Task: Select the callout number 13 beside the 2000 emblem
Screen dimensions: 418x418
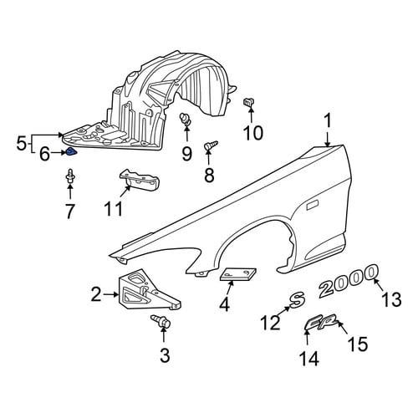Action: tap(391, 299)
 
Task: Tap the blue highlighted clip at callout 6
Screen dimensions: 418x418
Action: tap(70, 152)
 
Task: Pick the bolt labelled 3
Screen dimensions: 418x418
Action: tap(161, 322)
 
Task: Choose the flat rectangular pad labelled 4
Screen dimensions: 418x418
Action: tap(238, 274)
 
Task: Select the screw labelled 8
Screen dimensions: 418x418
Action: tap(211, 145)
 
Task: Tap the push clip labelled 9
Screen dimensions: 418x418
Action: tap(186, 119)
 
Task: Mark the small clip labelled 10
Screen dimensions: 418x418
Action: tap(248, 103)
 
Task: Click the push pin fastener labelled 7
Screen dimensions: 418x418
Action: tap(70, 176)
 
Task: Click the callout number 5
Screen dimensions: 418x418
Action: tap(21, 145)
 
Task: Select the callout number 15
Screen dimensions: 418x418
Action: tap(358, 344)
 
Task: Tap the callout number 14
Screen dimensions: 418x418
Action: tap(308, 359)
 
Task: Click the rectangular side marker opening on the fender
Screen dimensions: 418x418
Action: tap(313, 206)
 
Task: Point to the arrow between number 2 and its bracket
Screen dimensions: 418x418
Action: tap(110, 294)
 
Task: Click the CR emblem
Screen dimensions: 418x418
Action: tap(321, 323)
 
